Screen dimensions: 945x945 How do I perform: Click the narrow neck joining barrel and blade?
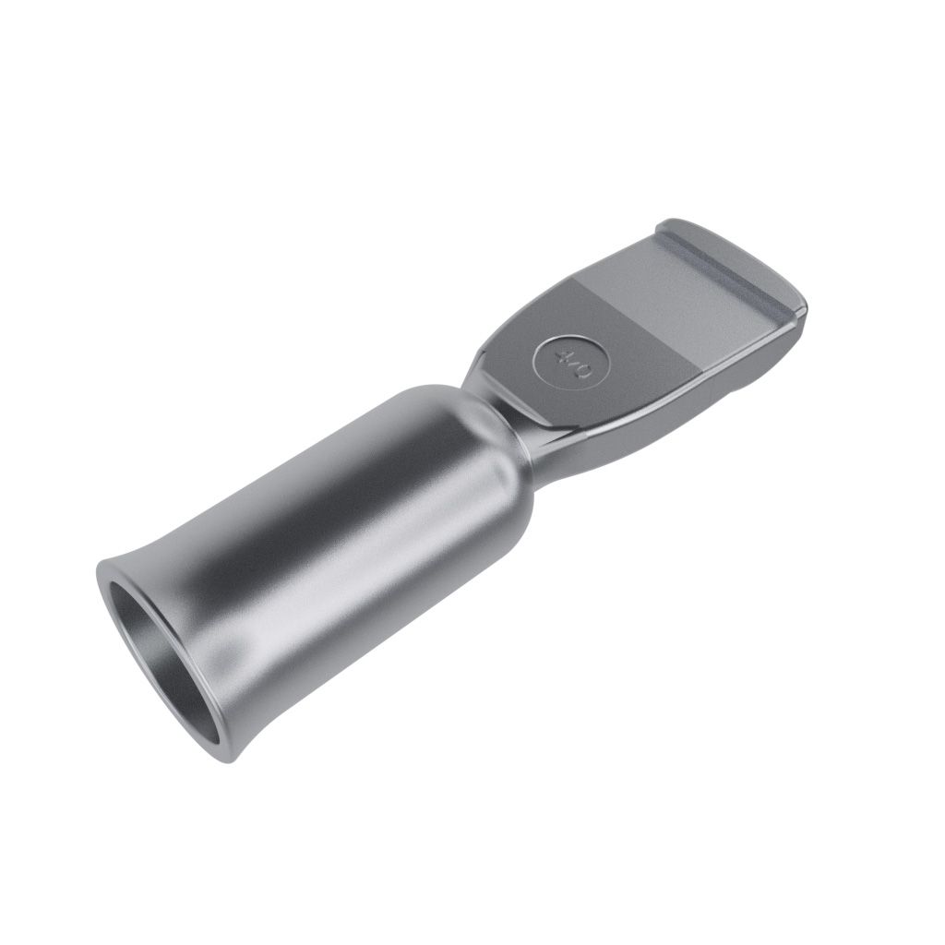coord(507,416)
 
